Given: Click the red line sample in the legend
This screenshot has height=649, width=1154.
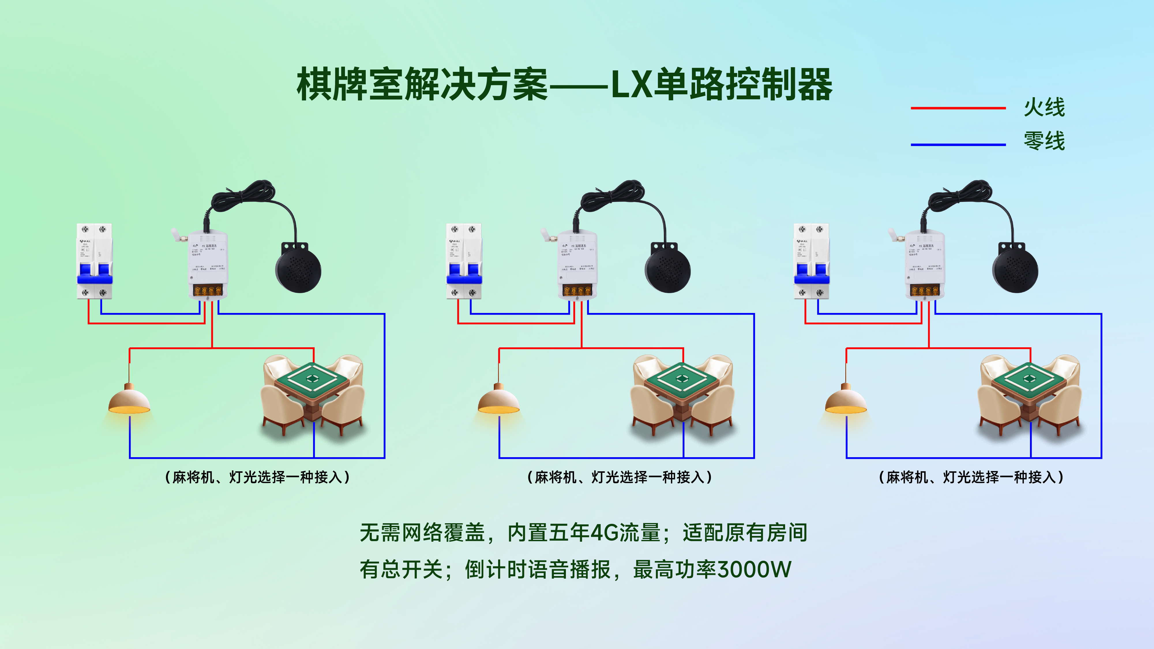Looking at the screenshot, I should point(958,108).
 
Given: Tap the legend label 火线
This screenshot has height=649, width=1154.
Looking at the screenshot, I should point(1044,108).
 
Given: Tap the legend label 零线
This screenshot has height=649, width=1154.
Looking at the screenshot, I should point(1044,141).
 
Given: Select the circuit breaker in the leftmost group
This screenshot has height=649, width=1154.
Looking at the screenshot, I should point(95,261).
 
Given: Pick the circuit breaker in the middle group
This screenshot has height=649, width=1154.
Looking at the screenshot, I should point(464,261).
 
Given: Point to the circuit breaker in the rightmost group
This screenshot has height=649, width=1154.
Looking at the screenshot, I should point(811,261).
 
